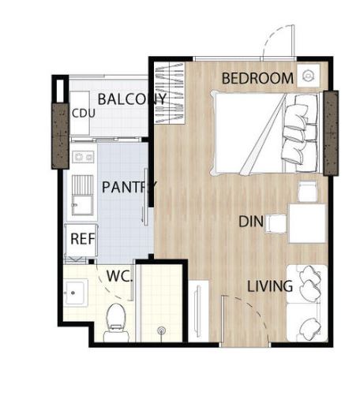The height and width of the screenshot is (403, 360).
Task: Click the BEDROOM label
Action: point(257,78)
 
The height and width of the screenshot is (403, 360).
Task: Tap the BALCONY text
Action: point(132,99)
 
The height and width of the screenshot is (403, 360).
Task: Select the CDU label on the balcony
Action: point(84,114)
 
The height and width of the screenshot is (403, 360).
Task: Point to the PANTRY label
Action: point(129,187)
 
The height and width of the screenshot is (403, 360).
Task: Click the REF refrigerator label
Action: point(82,239)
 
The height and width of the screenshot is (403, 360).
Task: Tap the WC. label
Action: point(119,276)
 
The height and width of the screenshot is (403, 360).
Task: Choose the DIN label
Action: point(251,222)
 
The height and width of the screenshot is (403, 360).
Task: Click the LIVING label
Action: point(270,286)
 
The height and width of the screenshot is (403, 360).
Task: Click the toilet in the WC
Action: point(116,323)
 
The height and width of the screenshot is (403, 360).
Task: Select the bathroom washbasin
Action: point(76,293)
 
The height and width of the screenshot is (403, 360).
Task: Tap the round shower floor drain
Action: point(162,330)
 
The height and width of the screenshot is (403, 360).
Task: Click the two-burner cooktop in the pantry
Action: point(83,157)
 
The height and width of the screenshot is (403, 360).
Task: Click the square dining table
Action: point(308,223)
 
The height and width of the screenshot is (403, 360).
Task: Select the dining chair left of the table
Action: point(276,224)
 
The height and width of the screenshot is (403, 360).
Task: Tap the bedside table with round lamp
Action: point(309,76)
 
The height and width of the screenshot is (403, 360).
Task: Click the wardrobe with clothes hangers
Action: point(170,93)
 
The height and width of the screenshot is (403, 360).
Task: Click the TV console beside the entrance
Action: point(199,311)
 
